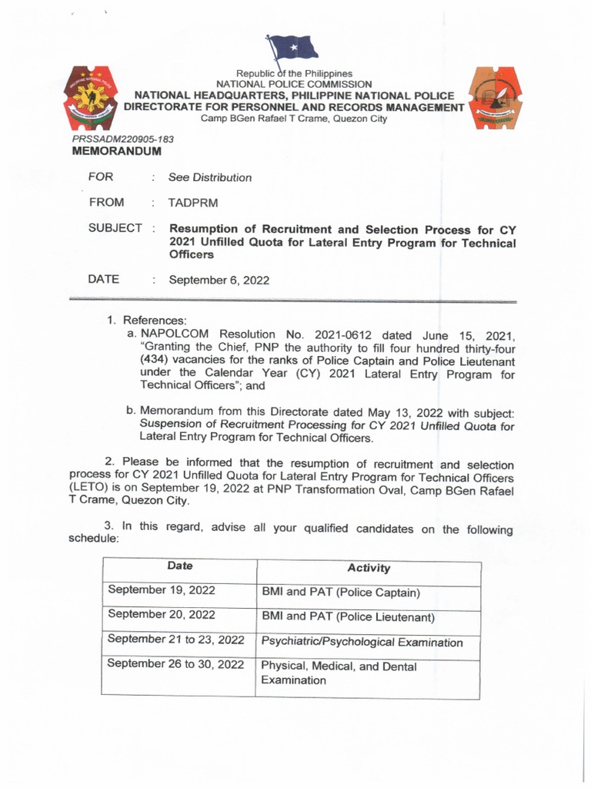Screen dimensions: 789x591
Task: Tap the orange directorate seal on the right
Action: tap(500, 98)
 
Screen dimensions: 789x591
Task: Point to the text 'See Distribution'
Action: tap(210, 177)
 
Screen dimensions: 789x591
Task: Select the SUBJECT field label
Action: tap(115, 228)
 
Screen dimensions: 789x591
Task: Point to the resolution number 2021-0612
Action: tap(362, 334)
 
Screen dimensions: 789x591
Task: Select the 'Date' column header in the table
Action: tap(179, 566)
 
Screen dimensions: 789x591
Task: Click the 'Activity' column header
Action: tap(369, 568)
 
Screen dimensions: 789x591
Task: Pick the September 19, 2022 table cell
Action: tap(162, 590)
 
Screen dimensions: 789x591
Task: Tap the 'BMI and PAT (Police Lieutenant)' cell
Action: tap(349, 617)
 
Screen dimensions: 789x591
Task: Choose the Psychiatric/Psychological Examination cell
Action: tap(362, 642)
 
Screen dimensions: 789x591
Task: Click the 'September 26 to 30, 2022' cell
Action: tap(175, 664)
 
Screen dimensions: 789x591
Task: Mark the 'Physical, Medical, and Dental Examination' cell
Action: tap(339, 673)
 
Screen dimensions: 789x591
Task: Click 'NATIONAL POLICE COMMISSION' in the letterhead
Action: tap(294, 83)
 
